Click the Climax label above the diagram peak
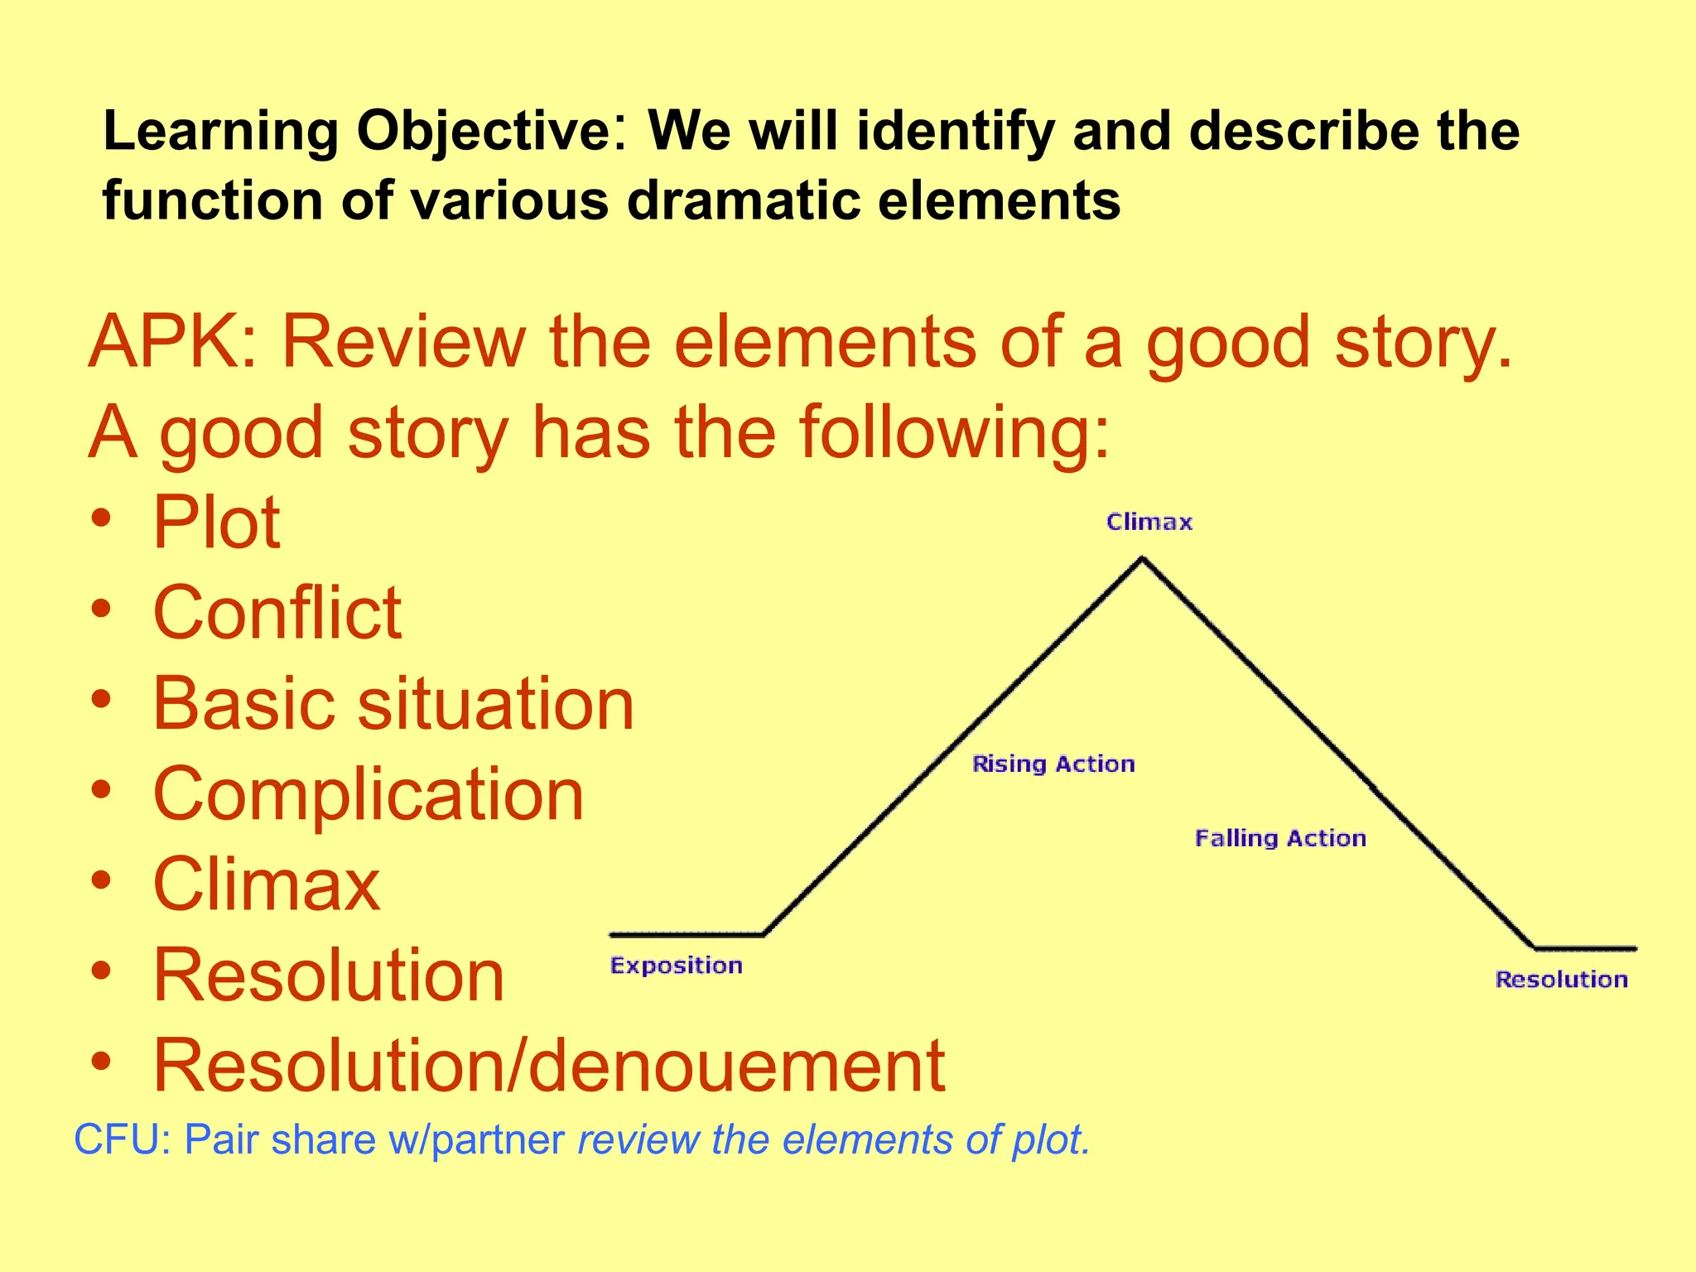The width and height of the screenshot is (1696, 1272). pos(1149,522)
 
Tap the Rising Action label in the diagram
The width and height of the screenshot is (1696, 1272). pos(1053,764)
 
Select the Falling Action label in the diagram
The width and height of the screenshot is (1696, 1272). pos(1280,838)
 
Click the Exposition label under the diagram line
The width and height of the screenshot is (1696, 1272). pos(676,966)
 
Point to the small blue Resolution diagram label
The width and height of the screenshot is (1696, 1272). pos(1561,980)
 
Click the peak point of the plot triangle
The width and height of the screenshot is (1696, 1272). pos(1143,559)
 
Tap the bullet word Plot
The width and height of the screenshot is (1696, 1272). pos(216,523)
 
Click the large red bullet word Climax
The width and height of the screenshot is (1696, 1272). pos(267,884)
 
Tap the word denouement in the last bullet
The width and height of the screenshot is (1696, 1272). pos(737,1066)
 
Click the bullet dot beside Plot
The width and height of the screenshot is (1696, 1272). pos(100,520)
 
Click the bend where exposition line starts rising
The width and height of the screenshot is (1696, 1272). pos(764,934)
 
